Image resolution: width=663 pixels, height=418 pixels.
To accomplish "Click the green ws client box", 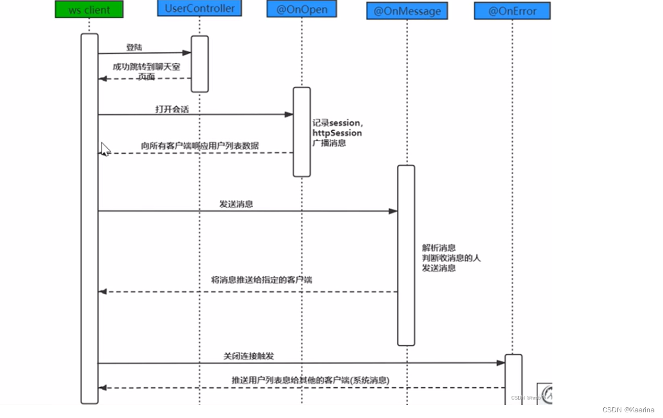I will tap(89, 10).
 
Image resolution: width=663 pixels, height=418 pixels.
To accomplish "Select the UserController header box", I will tap(199, 9).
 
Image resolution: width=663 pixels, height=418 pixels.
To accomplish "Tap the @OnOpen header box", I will tap(302, 9).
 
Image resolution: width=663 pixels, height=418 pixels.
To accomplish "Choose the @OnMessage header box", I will tap(407, 11).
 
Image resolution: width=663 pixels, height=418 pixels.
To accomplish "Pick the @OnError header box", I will tap(512, 11).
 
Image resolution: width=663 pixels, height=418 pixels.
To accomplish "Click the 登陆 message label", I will tap(134, 47).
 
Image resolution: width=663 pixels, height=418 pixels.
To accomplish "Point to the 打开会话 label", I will tap(172, 109).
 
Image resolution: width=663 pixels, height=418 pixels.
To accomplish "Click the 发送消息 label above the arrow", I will tap(236, 204).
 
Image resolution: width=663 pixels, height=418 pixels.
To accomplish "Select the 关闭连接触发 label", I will tap(249, 356).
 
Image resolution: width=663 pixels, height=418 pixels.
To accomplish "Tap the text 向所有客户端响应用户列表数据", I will tap(200, 146).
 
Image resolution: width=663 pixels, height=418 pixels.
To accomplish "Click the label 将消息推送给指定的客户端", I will tap(261, 280).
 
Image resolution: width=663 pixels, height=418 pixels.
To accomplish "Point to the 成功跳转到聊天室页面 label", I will tap(147, 72).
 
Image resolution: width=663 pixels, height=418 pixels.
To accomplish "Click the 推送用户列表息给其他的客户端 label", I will tap(311, 380).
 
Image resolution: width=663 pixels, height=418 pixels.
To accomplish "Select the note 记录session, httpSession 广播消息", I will tap(337, 133).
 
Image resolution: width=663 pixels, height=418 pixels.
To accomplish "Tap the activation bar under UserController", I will tap(200, 64).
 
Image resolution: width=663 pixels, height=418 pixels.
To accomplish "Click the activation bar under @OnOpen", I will tap(302, 132).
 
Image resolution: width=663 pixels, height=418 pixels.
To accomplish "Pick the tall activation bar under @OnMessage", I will tap(406, 255).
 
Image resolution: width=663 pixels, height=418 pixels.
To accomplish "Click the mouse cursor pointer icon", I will tap(105, 149).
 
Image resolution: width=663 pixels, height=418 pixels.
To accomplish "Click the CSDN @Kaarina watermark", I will tap(628, 409).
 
